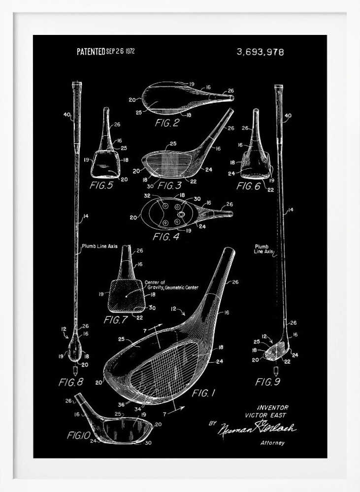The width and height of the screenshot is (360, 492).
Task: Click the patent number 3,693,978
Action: click(260, 52)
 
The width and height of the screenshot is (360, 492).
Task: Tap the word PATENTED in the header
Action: click(91, 52)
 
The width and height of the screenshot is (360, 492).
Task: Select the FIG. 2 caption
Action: click(167, 123)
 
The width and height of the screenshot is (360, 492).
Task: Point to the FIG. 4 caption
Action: click(166, 236)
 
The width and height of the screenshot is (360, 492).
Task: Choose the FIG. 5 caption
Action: click(101, 185)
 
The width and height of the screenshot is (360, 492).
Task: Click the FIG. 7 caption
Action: click(116, 320)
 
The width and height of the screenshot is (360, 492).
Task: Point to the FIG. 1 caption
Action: click(203, 393)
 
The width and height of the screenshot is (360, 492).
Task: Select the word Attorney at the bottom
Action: click(272, 443)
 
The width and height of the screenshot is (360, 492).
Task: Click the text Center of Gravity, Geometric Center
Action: click(171, 285)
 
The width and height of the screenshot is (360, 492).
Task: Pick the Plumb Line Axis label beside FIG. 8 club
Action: click(99, 246)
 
